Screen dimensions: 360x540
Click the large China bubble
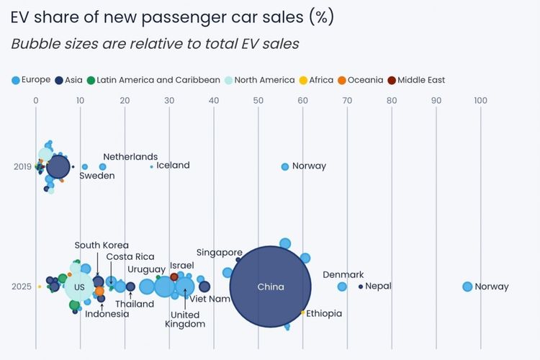[271, 287]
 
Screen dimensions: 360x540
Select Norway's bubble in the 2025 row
[467, 287]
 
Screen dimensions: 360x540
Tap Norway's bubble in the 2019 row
[285, 166]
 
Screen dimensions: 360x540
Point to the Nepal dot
[361, 287]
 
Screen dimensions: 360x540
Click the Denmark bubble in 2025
[342, 287]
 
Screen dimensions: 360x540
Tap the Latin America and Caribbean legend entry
[153, 80]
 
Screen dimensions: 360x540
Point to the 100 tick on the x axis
[480, 101]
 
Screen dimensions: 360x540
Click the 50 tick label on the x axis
[258, 101]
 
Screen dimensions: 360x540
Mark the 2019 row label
[22, 167]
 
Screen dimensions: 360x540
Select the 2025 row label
[22, 287]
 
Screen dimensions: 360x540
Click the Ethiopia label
[324, 314]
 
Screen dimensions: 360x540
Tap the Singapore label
[219, 253]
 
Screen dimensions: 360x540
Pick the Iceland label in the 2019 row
[173, 166]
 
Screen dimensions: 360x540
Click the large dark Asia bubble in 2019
[58, 167]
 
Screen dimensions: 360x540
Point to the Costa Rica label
[130, 257]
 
